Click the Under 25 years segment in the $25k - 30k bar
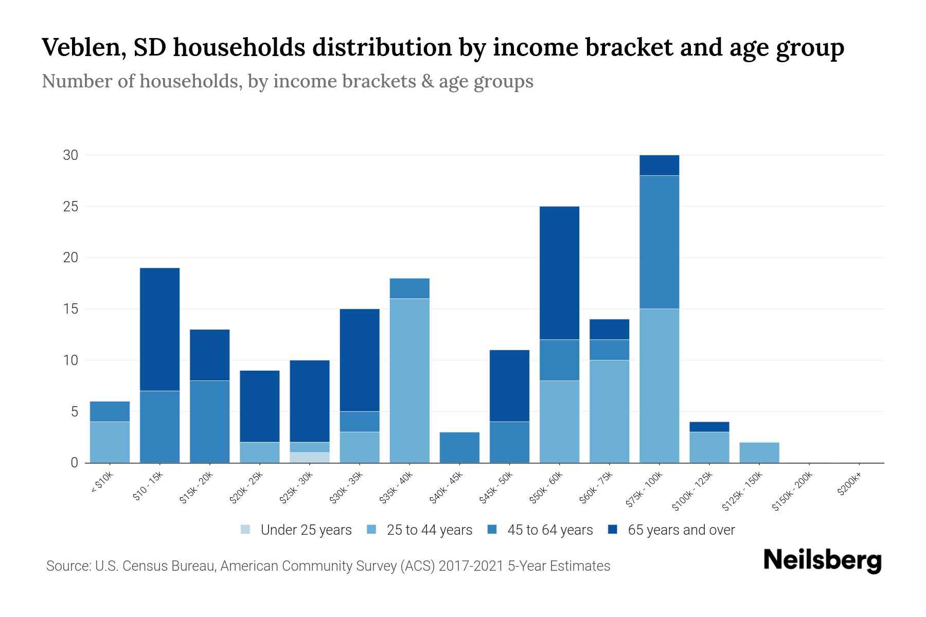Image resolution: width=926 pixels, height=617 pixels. point(310,458)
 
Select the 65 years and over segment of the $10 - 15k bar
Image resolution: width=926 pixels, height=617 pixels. point(159,329)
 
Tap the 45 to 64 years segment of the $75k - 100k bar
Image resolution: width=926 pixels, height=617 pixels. point(659,242)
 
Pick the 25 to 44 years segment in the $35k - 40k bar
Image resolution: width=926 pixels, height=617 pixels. point(409,380)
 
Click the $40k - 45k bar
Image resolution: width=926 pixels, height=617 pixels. point(459,447)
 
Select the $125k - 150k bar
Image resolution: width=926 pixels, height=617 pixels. point(759,452)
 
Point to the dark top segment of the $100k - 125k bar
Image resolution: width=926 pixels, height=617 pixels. point(709,427)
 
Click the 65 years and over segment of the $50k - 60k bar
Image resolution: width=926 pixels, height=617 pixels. point(559,273)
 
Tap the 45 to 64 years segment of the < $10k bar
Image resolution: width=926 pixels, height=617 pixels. point(110,411)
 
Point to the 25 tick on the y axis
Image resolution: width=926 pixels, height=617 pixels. point(70,207)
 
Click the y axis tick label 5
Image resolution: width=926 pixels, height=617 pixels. point(74,412)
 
